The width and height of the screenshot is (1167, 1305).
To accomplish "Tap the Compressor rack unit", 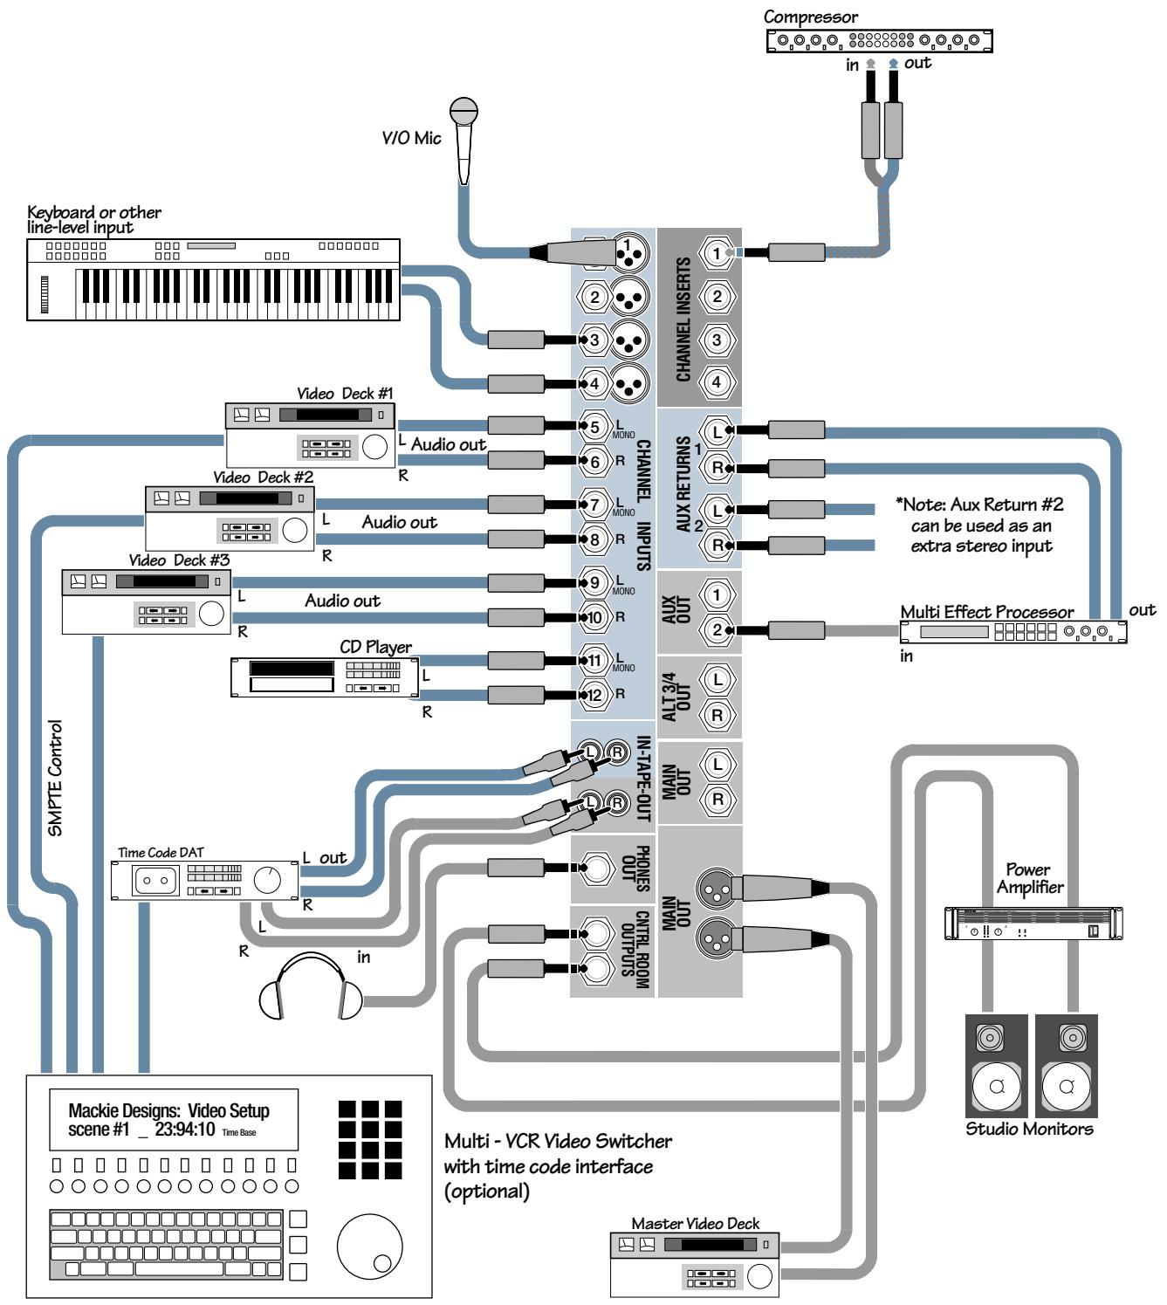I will click(x=879, y=40).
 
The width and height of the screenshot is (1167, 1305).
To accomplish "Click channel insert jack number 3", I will click(x=717, y=340).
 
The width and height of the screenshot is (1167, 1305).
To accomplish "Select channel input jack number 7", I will click(x=594, y=505).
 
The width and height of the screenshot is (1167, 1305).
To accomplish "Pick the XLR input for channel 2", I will click(x=629, y=297).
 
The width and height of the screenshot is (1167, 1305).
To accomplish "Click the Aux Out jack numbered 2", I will click(x=717, y=629).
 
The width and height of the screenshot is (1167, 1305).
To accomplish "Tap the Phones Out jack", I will click(x=599, y=868).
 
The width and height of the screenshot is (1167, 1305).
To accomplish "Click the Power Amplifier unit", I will click(x=1033, y=924).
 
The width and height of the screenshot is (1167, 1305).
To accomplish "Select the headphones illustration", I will click(x=311, y=986).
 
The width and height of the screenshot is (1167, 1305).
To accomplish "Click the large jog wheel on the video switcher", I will click(x=369, y=1244).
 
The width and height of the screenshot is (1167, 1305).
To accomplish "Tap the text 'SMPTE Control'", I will click(x=55, y=778).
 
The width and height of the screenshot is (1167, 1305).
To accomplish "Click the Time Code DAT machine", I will click(x=204, y=880).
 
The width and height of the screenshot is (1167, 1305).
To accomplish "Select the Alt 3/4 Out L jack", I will click(x=717, y=679).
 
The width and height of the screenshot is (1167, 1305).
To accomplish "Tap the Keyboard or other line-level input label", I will click(x=93, y=220).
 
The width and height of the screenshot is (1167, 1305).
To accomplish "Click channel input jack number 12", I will click(x=594, y=696).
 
